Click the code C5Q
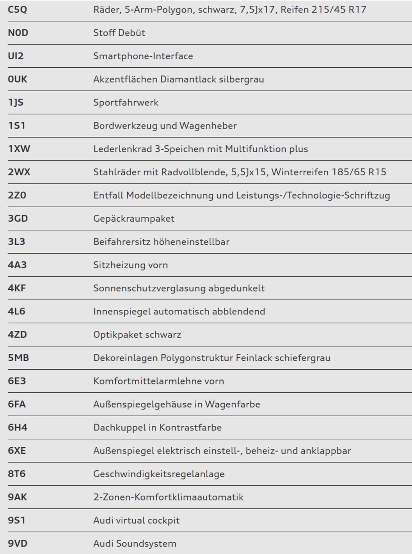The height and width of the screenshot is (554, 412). point(18,9)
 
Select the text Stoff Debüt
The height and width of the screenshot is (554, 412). point(119,33)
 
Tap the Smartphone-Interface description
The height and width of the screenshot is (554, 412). point(143,56)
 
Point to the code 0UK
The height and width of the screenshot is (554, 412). point(18,79)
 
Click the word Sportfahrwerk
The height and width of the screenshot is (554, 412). point(126,102)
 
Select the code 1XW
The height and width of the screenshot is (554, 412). point(19,149)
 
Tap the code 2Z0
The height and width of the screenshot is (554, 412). point(17,195)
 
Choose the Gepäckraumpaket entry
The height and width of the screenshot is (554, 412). point(134,219)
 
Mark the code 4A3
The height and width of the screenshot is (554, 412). point(17,265)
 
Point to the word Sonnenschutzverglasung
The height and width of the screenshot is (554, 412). point(149,288)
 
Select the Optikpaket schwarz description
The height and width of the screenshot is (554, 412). point(137,335)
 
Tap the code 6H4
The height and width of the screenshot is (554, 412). point(18,427)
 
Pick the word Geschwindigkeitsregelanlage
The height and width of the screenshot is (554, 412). point(159,474)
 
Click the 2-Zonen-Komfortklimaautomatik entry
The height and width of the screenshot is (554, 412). point(168,497)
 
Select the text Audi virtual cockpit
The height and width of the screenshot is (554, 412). point(136,520)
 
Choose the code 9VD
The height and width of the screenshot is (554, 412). point(18,543)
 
